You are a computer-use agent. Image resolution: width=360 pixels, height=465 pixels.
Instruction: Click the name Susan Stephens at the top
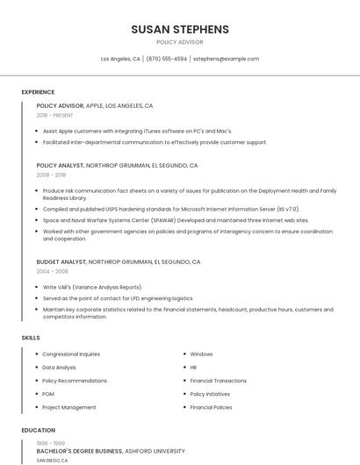pos(180,29)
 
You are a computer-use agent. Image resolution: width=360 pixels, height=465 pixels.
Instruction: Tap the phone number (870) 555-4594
pos(166,59)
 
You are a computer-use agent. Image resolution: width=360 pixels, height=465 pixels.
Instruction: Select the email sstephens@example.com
pos(226,59)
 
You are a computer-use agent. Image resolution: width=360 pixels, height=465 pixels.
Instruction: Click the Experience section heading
pos(38,92)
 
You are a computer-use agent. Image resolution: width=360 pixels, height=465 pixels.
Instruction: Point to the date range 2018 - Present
pos(55,115)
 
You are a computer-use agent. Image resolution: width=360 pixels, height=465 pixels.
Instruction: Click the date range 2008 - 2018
pos(51,175)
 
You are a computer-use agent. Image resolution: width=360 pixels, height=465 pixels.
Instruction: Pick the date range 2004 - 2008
pos(52,271)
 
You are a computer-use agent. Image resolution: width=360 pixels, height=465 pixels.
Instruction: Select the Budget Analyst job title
pos(61,261)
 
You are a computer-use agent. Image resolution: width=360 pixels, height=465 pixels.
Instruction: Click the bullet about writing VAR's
pos(92,287)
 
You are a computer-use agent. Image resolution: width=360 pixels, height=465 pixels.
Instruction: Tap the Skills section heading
pos(31,338)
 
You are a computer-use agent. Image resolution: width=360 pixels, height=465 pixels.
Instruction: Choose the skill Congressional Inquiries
pos(71,354)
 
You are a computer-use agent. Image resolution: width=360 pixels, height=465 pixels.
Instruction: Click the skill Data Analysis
pos(59,368)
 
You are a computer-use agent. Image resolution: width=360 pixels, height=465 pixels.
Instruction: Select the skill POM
pos(48,394)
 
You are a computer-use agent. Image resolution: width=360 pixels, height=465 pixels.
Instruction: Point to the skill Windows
pos(201,354)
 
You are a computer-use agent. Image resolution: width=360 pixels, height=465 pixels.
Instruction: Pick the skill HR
pos(193,368)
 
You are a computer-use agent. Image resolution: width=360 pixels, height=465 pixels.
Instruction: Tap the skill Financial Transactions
pos(218,381)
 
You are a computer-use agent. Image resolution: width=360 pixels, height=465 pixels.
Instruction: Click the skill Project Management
pos(69,407)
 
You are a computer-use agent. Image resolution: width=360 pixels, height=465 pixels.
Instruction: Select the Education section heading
pos(38,431)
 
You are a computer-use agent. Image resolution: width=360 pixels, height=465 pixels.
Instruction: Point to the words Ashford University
pos(155,451)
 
